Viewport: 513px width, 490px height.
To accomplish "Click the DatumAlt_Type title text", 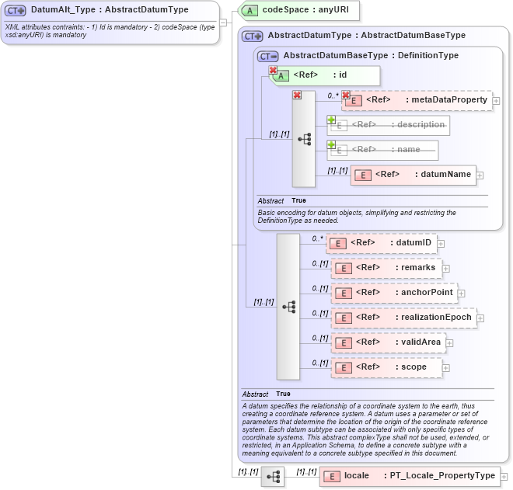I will pyautogui.click(x=109, y=10).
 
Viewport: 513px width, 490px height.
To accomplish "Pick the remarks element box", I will pyautogui.click(x=386, y=268).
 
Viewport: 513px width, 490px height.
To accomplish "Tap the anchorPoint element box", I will pyautogui.click(x=393, y=293).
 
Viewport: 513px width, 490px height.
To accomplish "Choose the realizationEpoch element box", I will pyautogui.click(x=403, y=318).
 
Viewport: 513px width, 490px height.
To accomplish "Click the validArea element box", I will pyautogui.click(x=388, y=342).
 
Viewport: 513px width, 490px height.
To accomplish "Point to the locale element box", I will pyautogui.click(x=409, y=476).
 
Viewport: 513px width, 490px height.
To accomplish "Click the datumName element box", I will pyautogui.click(x=413, y=175).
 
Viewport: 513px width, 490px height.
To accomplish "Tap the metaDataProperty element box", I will pyautogui.click(x=417, y=100).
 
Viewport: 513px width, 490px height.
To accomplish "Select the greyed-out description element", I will pyautogui.click(x=389, y=125).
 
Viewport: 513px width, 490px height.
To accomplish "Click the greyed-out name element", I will pyautogui.click(x=382, y=150).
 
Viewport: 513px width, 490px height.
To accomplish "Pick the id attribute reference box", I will pyautogui.click(x=325, y=75).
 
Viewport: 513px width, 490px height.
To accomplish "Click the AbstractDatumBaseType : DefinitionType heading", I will pyautogui.click(x=371, y=56).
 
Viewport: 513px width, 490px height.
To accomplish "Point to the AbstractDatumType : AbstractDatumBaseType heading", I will pyautogui.click(x=366, y=36).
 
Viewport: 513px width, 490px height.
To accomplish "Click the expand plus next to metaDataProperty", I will pyautogui.click(x=497, y=101).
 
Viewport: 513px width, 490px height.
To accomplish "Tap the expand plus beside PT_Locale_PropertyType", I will pyautogui.click(x=504, y=477).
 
